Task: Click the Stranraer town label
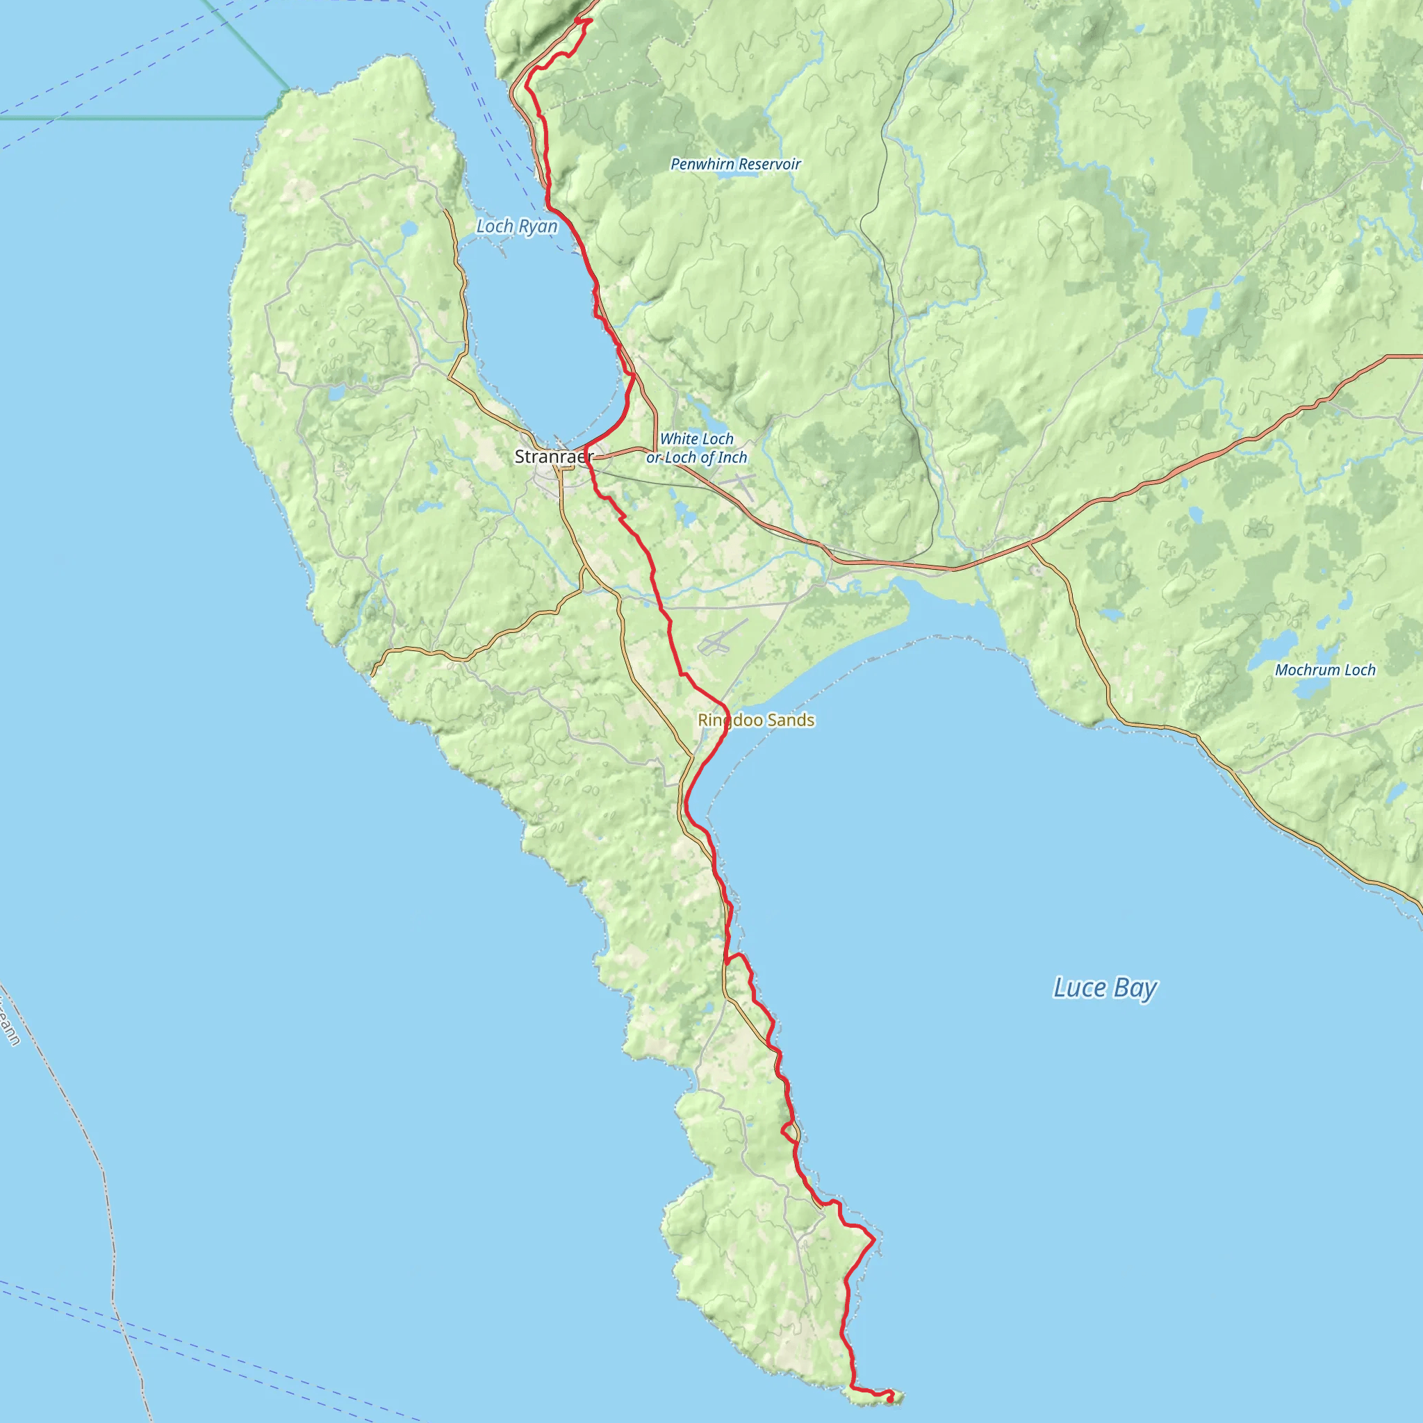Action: tap(553, 456)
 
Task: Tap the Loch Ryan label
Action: tap(516, 226)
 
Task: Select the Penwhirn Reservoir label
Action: tap(735, 163)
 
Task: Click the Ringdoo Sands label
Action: tap(756, 720)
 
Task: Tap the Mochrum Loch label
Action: tap(1325, 670)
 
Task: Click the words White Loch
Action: tap(696, 439)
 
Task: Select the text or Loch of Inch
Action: tap(696, 457)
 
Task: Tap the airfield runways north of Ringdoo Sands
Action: tap(723, 638)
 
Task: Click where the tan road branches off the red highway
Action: tap(1029, 544)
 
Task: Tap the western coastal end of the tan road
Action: tap(372, 673)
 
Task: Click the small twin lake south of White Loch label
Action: tap(684, 513)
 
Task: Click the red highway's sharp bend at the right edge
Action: tap(1386, 357)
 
